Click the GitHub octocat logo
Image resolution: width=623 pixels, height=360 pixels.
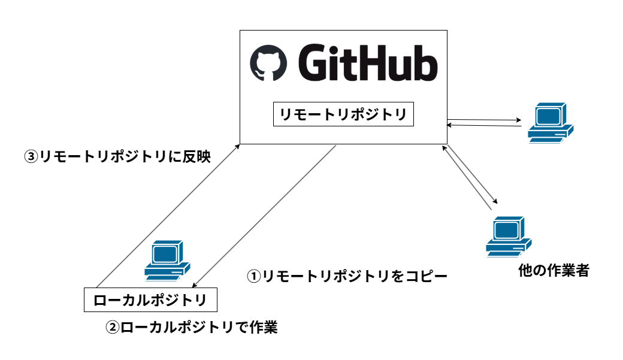(268, 62)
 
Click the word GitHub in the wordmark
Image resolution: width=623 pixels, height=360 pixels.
(367, 62)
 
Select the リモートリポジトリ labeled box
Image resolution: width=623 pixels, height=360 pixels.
(343, 114)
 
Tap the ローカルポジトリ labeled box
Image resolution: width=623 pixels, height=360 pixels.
(150, 300)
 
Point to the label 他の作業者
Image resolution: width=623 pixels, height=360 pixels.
(554, 271)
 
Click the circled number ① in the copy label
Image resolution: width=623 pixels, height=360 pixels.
(254, 276)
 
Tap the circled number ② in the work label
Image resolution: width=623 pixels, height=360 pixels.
(113, 328)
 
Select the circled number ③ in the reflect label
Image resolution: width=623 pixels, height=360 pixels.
(31, 157)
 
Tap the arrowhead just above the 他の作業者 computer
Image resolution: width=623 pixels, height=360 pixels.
(495, 202)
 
